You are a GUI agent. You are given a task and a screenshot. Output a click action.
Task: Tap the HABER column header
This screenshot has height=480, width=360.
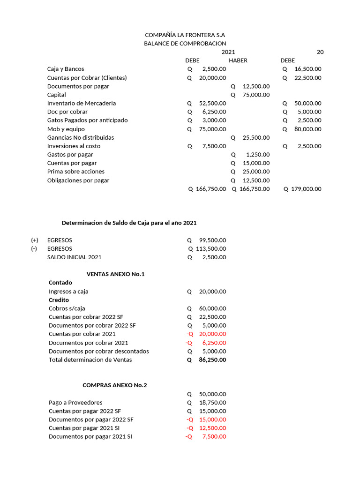(x=238, y=60)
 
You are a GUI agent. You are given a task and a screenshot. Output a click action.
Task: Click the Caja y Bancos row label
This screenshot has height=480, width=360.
(x=66, y=69)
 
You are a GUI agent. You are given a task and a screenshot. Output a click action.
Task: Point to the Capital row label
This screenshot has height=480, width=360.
(x=57, y=95)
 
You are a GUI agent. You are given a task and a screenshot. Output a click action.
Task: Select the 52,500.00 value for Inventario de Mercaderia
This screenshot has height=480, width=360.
(x=212, y=103)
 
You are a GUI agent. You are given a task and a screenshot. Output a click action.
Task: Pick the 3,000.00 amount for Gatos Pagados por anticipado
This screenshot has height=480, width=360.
(x=214, y=120)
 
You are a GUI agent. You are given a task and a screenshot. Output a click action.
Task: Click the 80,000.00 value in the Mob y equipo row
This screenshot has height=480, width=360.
(x=308, y=129)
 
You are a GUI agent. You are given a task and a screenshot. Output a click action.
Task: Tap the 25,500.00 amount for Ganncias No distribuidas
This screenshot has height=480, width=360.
(x=256, y=137)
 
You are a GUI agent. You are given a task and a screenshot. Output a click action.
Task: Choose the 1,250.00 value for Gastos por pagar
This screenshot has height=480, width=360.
(x=258, y=155)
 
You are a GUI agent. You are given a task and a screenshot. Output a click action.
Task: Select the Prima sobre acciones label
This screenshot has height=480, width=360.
(x=76, y=172)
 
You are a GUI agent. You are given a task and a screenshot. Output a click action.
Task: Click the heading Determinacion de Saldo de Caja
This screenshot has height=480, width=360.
(x=132, y=223)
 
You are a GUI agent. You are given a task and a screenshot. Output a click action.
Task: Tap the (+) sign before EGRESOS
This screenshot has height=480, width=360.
(x=35, y=240)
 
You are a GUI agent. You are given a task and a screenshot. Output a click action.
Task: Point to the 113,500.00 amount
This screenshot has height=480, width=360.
(x=210, y=249)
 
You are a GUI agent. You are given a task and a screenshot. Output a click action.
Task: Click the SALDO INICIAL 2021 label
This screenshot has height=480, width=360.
(x=74, y=257)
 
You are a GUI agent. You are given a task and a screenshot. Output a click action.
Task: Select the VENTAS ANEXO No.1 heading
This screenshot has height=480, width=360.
(x=116, y=274)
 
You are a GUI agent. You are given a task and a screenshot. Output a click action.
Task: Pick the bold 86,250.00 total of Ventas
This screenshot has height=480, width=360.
(x=212, y=360)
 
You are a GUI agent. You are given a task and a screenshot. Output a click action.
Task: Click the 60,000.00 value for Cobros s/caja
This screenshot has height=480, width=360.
(x=212, y=308)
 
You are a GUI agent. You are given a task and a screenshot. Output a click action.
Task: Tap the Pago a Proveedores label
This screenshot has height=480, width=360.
(x=75, y=403)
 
